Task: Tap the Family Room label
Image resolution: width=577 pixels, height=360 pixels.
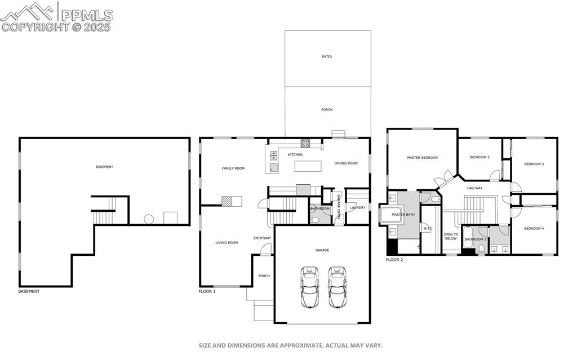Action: coord(233,168)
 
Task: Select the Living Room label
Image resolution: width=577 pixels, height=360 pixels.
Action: coord(227,243)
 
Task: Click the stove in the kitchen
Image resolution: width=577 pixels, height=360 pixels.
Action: coord(305,143)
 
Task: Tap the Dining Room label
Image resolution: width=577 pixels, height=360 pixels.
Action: coord(346,163)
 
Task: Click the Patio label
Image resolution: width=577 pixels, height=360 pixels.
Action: coord(327,57)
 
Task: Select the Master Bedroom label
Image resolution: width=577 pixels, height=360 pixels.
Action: coord(422,158)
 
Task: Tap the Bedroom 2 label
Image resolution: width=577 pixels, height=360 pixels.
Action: coord(480,157)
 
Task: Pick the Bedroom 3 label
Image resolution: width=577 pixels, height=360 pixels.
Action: coord(534,164)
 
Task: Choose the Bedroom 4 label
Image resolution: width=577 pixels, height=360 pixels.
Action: coord(534,228)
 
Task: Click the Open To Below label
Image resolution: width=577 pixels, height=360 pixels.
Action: coord(451,236)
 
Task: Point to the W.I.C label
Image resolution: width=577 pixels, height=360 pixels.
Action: coord(428,228)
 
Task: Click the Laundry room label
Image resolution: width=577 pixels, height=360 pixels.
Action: coord(357,207)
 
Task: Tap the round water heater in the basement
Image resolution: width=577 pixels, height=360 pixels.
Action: coord(149,219)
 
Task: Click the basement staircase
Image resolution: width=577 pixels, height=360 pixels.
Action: coord(103,216)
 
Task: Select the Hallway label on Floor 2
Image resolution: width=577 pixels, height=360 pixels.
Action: coord(474,188)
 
